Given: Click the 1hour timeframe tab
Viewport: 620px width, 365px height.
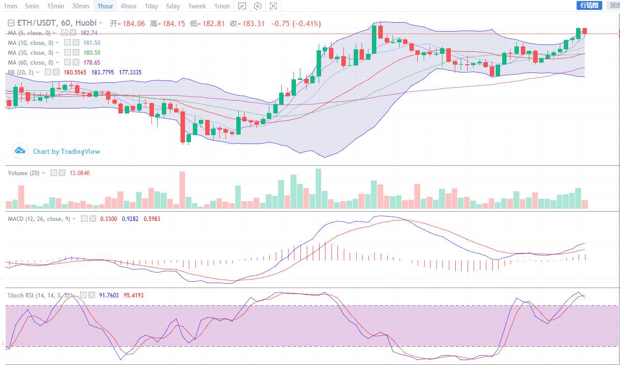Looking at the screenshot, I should click(x=105, y=6).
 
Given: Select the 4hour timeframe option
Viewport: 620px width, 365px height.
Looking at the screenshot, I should click(x=128, y=6).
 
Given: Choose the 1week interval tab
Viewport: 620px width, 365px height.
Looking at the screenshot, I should click(x=197, y=6).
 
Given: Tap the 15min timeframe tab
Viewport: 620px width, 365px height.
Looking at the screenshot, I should click(x=55, y=6).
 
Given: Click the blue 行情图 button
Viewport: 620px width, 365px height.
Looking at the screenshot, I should click(x=589, y=5).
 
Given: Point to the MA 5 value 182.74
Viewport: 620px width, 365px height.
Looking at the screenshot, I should click(x=89, y=33).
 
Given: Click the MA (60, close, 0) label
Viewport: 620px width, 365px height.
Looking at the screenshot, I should click(x=31, y=63).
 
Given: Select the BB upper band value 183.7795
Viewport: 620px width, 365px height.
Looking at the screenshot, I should click(x=103, y=73).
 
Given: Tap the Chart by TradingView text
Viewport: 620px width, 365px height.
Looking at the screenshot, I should click(x=66, y=151).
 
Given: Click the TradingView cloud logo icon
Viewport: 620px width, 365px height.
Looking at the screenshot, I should click(x=20, y=150).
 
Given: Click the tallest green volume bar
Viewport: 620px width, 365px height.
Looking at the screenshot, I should click(x=318, y=188).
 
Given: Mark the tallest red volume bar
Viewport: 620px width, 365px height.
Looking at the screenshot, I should click(x=182, y=190).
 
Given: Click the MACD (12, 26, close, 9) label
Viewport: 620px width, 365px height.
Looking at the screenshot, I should click(x=38, y=219).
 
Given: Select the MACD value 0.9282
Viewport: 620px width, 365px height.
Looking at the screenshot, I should click(x=130, y=219).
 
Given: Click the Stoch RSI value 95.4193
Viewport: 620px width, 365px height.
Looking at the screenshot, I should click(x=134, y=295).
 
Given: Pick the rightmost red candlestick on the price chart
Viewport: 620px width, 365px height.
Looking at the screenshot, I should click(x=584, y=31).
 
